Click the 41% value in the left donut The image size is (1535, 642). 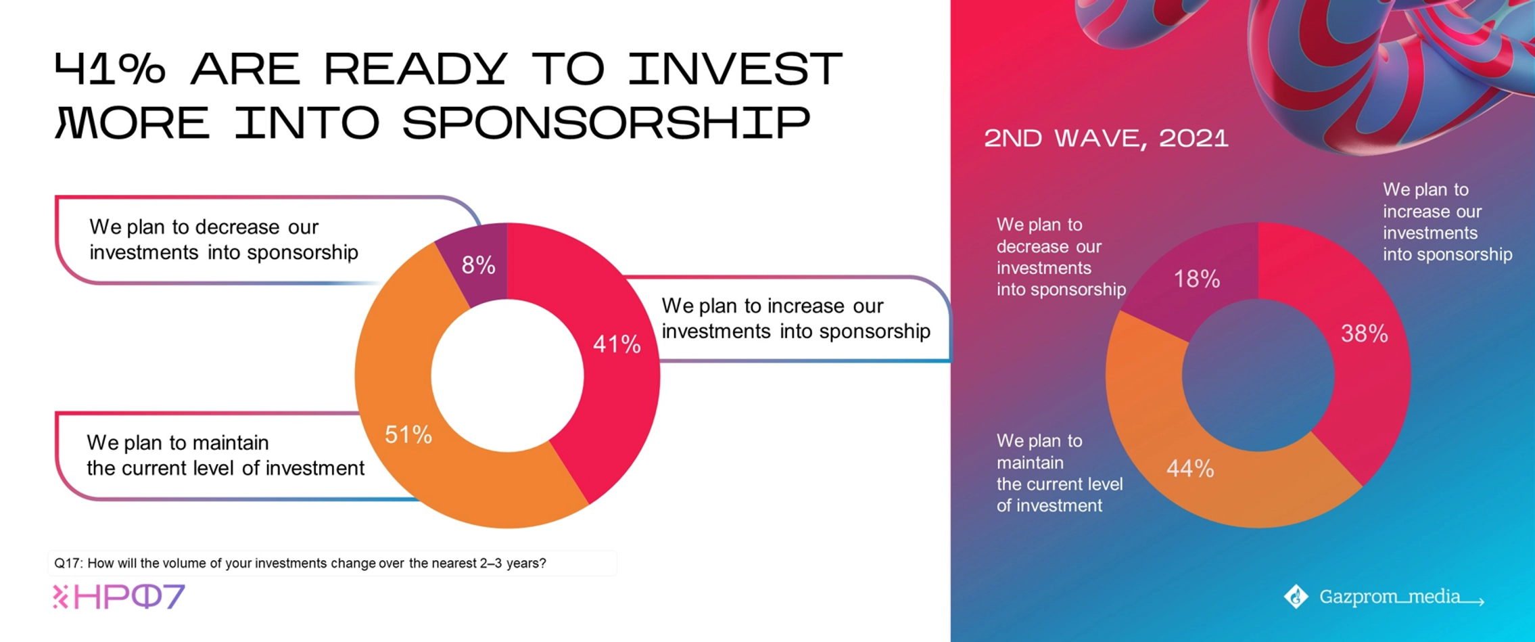(x=617, y=344)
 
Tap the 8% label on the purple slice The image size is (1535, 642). (x=479, y=265)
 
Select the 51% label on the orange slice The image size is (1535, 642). (x=408, y=434)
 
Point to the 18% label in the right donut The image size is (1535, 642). (x=1197, y=279)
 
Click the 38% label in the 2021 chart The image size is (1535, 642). (x=1365, y=334)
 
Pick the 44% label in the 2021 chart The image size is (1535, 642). (x=1190, y=468)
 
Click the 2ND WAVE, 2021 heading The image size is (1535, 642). (x=1106, y=139)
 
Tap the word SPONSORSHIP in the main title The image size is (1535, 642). (x=606, y=122)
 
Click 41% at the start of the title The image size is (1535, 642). (x=110, y=68)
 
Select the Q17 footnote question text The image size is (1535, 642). (x=300, y=563)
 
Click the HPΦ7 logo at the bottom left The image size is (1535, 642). (x=119, y=597)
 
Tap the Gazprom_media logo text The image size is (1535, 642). (x=1401, y=597)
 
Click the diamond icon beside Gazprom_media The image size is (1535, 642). (x=1296, y=597)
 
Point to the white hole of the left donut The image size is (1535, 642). (x=507, y=375)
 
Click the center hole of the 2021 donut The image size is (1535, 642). (x=1258, y=375)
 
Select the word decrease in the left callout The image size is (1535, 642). (x=236, y=227)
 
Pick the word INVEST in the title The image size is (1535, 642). (x=735, y=68)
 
